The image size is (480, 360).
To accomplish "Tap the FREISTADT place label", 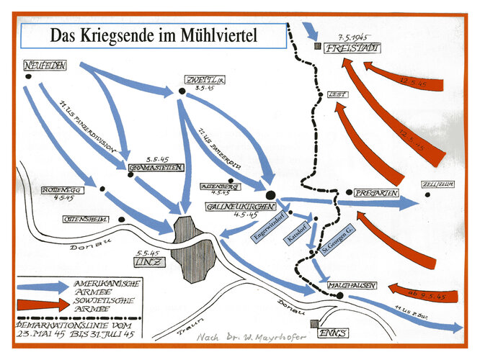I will click(x=352, y=49).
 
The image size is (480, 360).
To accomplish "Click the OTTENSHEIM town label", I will click(x=86, y=218).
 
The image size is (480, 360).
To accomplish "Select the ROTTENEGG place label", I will click(x=46, y=191).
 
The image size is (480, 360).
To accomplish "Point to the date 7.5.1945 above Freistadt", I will click(x=349, y=36).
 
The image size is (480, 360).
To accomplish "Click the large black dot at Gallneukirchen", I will click(x=270, y=194).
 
